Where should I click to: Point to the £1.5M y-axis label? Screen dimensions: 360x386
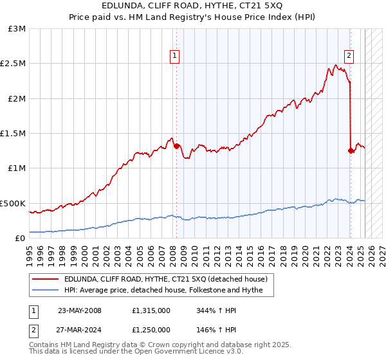[x=14, y=134]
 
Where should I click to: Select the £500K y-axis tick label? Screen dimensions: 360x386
[x=14, y=203]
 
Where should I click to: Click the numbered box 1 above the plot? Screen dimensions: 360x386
[x=175, y=56]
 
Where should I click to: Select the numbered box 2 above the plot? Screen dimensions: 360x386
[x=349, y=56]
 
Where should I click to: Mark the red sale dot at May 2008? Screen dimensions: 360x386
[x=176, y=146]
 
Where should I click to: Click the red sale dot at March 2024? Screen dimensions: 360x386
[x=351, y=150]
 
